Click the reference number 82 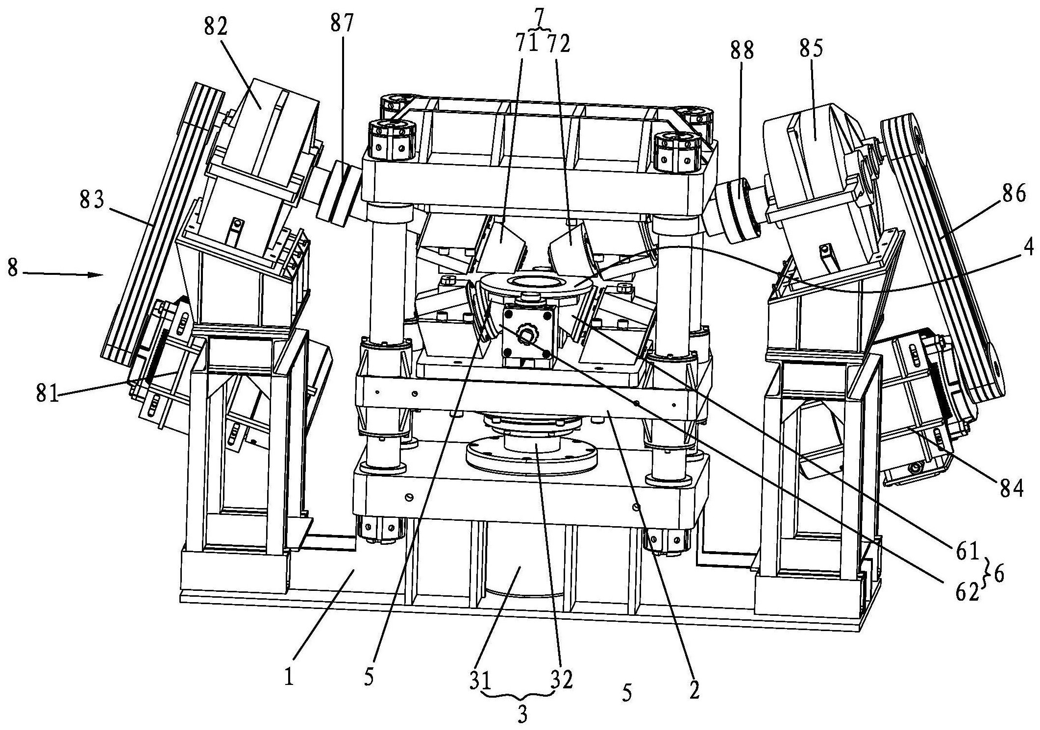pyautogui.click(x=217, y=28)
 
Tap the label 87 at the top pyautogui.click(x=342, y=24)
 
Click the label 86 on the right pyautogui.click(x=1013, y=195)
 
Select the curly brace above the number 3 pyautogui.click(x=521, y=696)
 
